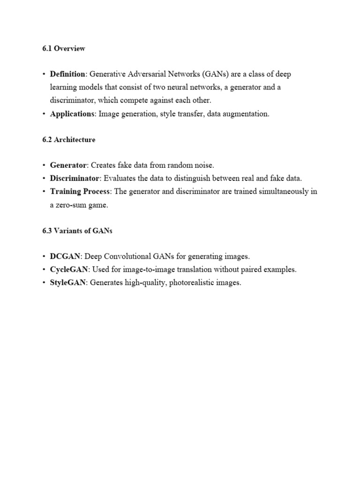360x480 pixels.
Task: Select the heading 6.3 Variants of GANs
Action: coord(77,231)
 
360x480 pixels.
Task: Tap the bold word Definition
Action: coord(68,75)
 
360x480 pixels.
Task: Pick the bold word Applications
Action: coord(72,114)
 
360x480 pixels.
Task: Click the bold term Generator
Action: coord(68,165)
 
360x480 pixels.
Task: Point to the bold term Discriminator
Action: coord(75,178)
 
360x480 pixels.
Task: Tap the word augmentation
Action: coord(245,114)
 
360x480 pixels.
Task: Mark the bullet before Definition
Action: coord(44,75)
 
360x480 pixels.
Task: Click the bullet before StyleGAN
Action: coord(44,283)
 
